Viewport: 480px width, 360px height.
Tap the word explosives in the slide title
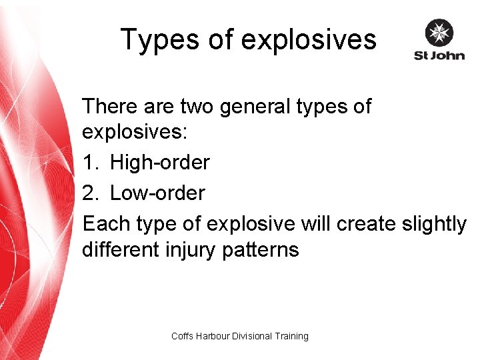309,40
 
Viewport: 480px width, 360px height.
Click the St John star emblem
439,34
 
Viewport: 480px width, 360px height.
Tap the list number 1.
90,162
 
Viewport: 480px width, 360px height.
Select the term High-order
160,162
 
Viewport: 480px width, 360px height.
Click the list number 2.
90,193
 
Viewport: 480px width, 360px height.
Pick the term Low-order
157,193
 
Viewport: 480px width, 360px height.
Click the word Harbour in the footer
212,336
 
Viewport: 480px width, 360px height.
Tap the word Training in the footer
290,336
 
